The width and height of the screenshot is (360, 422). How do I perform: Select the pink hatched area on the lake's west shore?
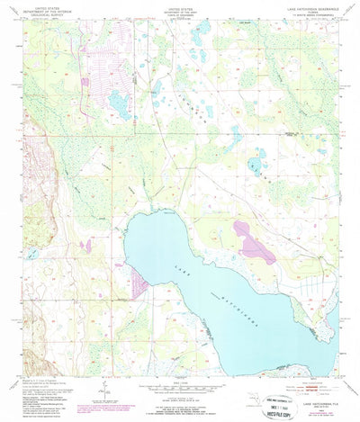point(139,283)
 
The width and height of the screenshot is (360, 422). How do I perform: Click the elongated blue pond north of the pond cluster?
point(237,136)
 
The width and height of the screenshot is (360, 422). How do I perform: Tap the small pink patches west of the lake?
point(86,244)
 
